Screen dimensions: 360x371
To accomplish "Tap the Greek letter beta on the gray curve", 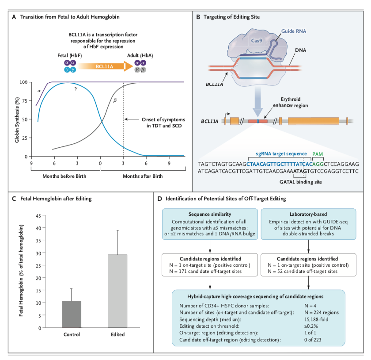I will pyautogui.click(x=115, y=100).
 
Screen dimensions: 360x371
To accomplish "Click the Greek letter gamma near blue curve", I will pyautogui.click(x=76, y=88).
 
